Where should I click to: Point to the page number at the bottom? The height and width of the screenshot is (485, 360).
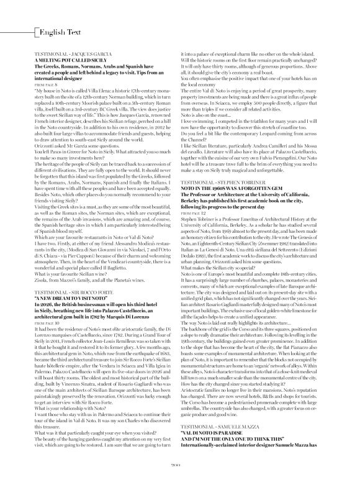pyautogui.click(x=180, y=479)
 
